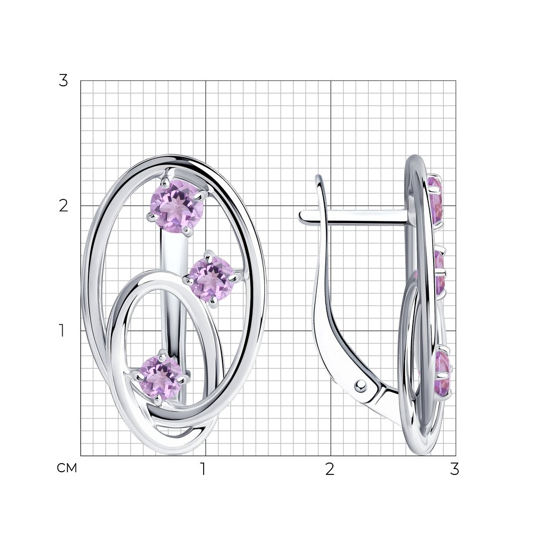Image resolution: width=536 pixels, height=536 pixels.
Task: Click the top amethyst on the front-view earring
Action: (177, 206)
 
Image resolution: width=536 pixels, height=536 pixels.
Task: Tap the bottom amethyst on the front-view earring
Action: (161, 377)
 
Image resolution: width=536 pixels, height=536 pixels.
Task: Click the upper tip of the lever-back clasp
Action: (319, 177)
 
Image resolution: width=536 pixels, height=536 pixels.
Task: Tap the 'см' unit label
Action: (67, 468)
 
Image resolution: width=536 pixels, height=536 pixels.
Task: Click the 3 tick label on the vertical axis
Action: (63, 81)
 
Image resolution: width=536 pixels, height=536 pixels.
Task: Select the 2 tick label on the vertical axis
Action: (63, 206)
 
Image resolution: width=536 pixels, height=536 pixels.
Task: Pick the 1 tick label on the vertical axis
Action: (62, 331)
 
